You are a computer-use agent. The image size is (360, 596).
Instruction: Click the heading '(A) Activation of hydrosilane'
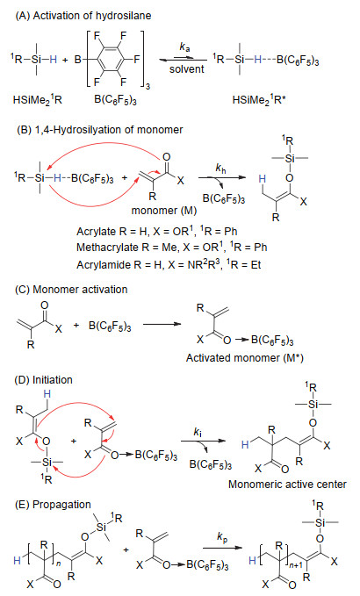83,16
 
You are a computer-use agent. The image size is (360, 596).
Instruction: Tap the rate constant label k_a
184,47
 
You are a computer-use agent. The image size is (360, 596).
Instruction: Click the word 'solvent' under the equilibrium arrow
187,68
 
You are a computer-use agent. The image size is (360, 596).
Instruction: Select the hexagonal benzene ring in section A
111,59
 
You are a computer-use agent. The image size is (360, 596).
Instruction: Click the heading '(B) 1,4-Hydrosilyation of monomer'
99,130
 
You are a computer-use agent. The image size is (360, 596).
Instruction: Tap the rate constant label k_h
220,168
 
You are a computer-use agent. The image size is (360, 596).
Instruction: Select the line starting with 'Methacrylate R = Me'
172,247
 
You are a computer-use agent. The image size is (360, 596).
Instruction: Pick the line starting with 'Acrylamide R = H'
169,264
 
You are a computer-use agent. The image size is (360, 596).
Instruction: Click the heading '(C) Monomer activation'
71,290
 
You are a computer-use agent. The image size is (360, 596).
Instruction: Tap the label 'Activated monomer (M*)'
245,357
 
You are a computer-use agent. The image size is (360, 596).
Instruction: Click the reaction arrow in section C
162,324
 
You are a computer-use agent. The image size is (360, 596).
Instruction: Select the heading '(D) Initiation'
43,380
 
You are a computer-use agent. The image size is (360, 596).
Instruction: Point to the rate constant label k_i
198,432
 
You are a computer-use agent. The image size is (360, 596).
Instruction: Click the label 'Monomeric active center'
287,484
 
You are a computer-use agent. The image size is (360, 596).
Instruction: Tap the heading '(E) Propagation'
53,505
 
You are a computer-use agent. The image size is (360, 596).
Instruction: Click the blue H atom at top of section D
47,394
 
